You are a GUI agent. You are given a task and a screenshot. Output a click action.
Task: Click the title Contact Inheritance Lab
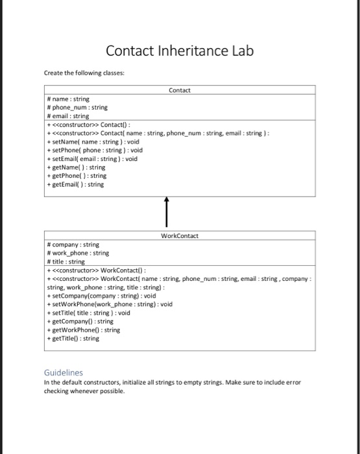coord(180,51)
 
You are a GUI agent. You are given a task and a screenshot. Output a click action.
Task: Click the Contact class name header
coord(179,90)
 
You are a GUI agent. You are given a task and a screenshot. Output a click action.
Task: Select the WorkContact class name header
coord(179,236)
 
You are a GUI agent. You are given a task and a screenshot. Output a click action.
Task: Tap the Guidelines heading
coord(64,372)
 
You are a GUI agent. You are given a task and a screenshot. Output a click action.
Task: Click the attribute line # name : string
coord(68,99)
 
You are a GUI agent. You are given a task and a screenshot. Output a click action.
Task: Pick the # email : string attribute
coord(69,116)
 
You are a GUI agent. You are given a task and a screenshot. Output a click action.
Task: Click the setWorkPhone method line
coord(110,304)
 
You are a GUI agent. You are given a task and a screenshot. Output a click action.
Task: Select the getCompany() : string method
coord(80,321)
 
